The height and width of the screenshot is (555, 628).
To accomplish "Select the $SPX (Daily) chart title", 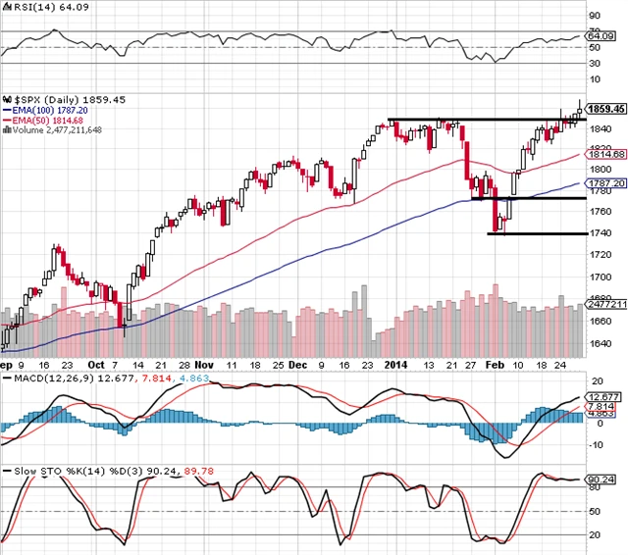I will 46,100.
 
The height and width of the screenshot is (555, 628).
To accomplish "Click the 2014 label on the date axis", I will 394,365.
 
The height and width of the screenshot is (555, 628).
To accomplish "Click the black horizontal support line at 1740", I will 530,233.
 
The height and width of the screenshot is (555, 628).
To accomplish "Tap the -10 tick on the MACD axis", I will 596,444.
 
